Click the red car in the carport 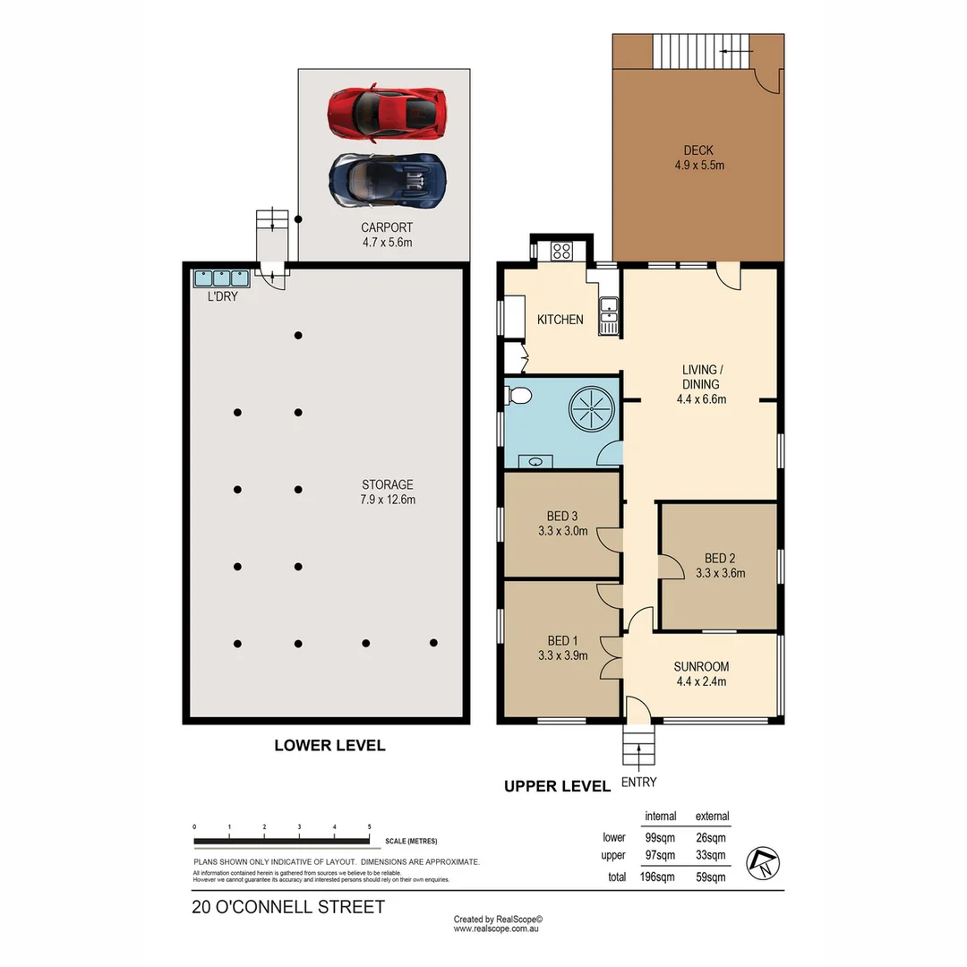(x=387, y=112)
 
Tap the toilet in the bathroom (x=518, y=395)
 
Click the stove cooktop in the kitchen (x=561, y=251)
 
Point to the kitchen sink (x=609, y=313)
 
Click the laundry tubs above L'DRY (x=219, y=278)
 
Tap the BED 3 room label (x=562, y=517)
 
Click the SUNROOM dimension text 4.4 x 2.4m (x=701, y=681)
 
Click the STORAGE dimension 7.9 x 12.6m (x=387, y=500)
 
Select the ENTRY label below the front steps (x=640, y=782)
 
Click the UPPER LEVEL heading (x=557, y=786)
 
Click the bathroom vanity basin (x=535, y=462)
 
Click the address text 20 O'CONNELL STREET (x=288, y=907)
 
